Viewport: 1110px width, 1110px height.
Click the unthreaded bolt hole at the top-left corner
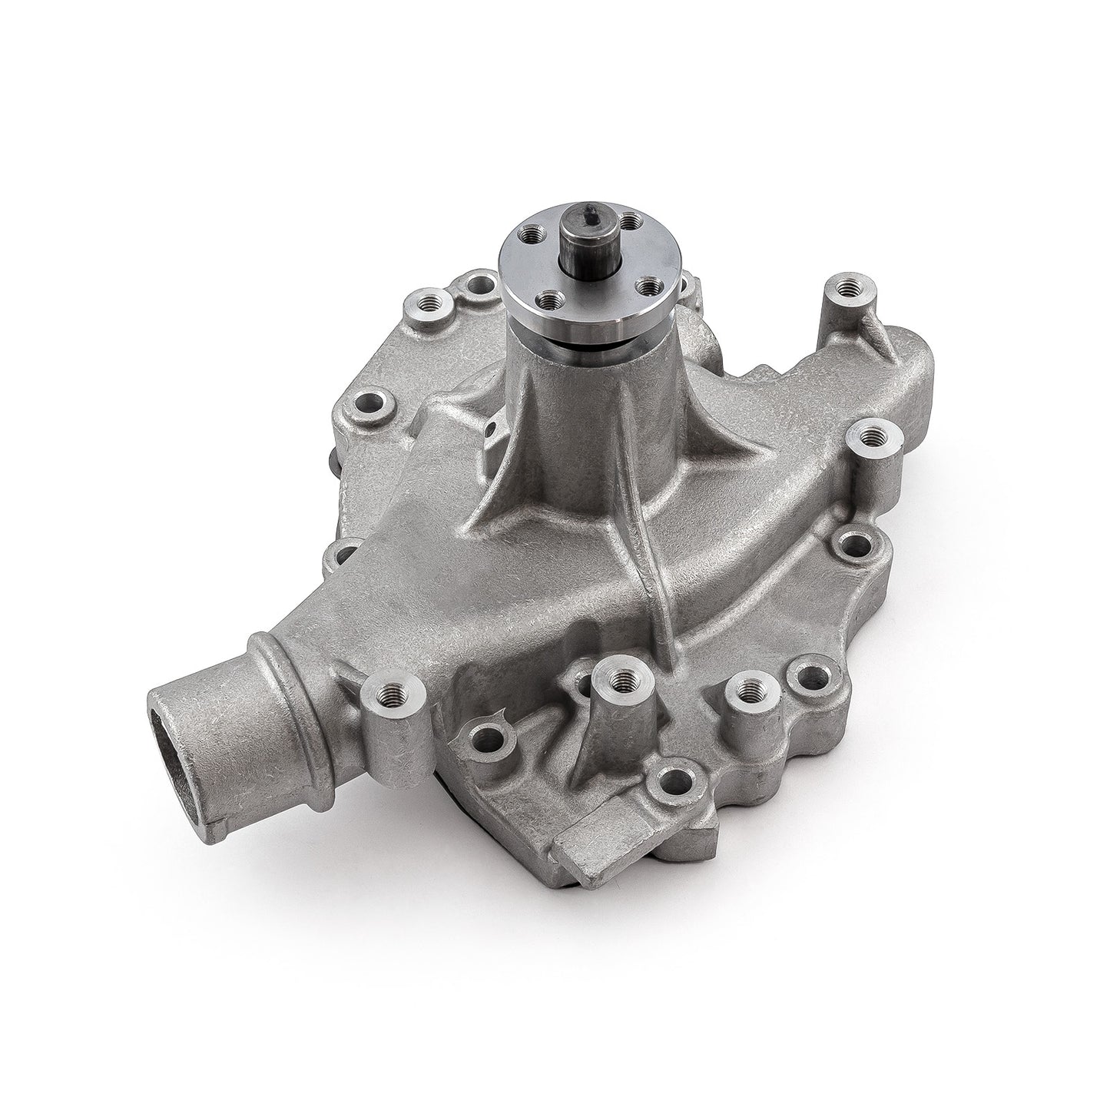tap(481, 286)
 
